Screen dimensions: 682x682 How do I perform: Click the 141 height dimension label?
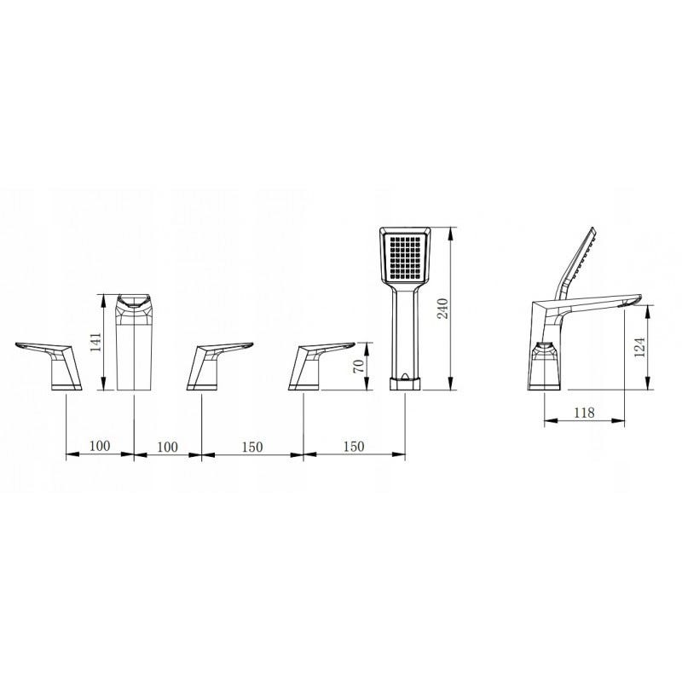(x=96, y=342)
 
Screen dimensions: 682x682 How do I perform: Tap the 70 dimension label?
(x=359, y=366)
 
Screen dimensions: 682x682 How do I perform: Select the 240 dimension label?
(x=442, y=309)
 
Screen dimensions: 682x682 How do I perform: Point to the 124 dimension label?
(x=639, y=347)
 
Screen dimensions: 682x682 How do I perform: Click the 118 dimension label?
(x=584, y=413)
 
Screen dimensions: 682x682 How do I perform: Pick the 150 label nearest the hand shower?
(x=354, y=446)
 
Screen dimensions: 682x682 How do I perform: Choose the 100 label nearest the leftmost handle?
(x=100, y=446)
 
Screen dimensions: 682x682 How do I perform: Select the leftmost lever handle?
(x=49, y=366)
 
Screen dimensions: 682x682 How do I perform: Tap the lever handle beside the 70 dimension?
(x=321, y=366)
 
